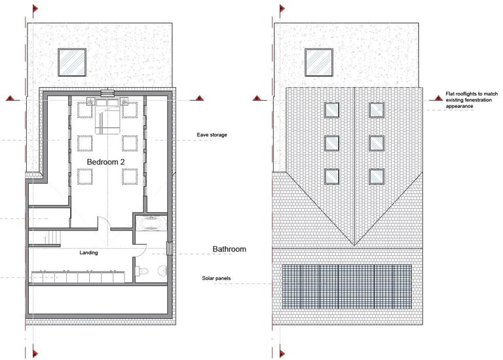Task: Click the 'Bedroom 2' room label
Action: tap(105, 162)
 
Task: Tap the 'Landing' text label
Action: tap(88, 253)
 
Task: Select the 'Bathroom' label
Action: tap(229, 249)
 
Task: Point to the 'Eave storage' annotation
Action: tap(212, 135)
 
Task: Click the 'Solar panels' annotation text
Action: tap(216, 278)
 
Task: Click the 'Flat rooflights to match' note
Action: tap(472, 94)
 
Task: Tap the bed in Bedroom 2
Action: tap(107, 116)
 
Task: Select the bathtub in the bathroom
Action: tap(151, 223)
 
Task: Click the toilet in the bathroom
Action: tap(142, 271)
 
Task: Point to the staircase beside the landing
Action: tap(52, 238)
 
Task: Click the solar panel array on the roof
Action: tap(346, 287)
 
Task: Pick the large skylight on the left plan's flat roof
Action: tap(72, 62)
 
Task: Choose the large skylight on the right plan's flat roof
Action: tap(319, 62)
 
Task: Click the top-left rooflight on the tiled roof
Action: tap(331, 110)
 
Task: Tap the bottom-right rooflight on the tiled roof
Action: tap(377, 176)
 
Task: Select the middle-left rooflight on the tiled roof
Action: tap(331, 143)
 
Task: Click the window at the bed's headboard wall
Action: tap(107, 94)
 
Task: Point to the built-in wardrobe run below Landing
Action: tap(78, 277)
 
